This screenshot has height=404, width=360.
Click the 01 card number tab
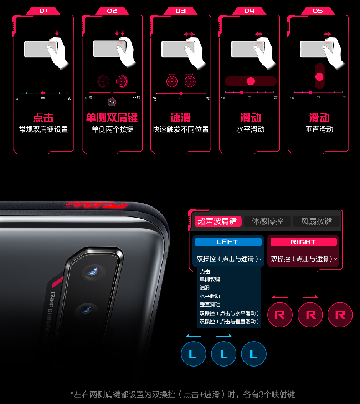point(43,11)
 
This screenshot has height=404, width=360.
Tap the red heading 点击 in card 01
point(43,118)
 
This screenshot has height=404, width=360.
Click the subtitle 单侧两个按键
point(112,129)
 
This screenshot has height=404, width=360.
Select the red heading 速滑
point(181,118)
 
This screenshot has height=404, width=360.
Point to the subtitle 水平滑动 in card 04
point(251,129)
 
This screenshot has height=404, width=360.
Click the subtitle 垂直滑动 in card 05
point(319,129)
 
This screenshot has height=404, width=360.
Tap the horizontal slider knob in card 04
point(251,81)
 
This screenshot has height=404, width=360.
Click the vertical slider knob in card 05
point(319,77)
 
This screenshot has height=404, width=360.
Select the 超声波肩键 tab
point(217,221)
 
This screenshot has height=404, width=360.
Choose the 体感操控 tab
point(267,221)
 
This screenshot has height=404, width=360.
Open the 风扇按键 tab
point(316,221)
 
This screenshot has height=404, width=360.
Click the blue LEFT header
point(227,242)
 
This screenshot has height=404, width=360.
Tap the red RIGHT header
point(303,242)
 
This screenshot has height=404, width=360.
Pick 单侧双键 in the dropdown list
point(210,280)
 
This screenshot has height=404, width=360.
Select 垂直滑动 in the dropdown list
point(210,305)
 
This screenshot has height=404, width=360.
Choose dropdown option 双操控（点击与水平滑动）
point(229,313)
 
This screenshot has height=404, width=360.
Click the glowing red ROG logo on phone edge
point(97,205)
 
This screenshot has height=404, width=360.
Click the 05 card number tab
point(318,11)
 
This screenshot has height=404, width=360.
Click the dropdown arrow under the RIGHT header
point(335,259)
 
